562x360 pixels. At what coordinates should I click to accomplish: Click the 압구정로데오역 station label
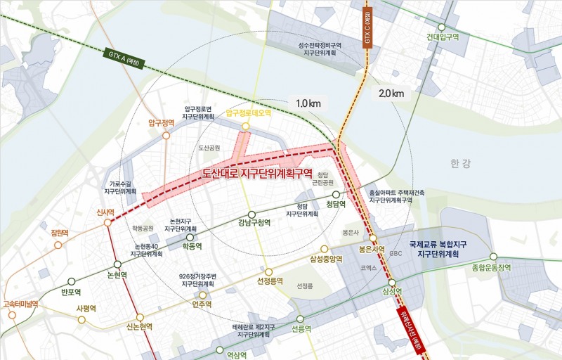(248, 112)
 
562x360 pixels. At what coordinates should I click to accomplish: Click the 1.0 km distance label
(308, 103)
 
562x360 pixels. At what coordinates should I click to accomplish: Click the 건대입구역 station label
(443, 37)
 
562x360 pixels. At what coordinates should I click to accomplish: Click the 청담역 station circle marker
(336, 194)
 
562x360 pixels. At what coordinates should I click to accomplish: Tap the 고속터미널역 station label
(22, 304)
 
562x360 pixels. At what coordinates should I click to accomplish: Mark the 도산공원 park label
(209, 148)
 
